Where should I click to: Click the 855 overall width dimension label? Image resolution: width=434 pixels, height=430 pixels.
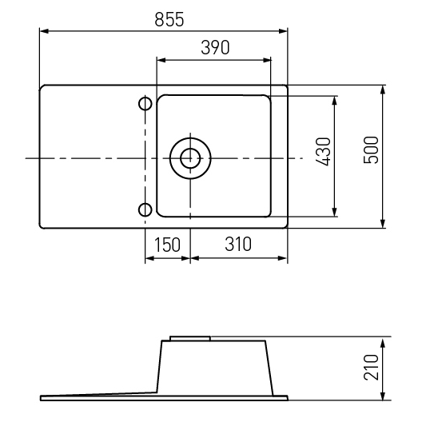click(169, 20)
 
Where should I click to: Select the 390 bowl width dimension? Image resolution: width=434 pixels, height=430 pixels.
click(215, 47)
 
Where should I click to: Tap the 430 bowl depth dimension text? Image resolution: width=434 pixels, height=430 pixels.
click(323, 152)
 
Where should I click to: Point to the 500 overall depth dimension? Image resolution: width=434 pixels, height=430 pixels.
click(371, 150)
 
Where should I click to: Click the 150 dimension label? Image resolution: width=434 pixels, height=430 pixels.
click(167, 245)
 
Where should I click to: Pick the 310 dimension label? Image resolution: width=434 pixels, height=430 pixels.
click(238, 244)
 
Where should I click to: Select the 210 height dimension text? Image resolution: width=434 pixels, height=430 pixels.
click(371, 367)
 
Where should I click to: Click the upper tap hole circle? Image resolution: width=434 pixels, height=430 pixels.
click(145, 104)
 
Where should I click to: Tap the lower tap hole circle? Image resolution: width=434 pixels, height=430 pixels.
click(145, 209)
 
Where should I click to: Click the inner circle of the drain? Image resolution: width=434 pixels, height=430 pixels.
click(190, 158)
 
